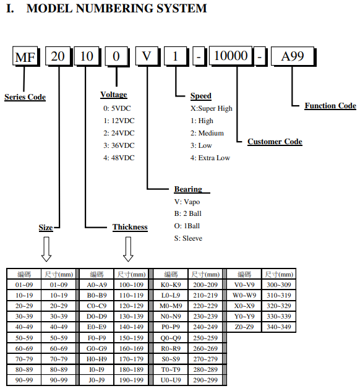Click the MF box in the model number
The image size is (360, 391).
tap(26, 56)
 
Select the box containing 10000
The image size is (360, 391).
tap(231, 56)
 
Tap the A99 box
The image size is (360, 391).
tap(293, 56)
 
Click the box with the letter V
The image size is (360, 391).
tap(148, 56)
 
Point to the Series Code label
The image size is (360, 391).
tap(25, 97)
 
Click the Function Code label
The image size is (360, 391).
tap(330, 106)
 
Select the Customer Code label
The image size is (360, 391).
tap(275, 142)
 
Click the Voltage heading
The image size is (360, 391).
tap(114, 95)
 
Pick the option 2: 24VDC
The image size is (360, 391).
tap(119, 133)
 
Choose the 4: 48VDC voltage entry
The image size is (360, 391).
tap(119, 158)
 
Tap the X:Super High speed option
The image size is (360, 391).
tap(212, 108)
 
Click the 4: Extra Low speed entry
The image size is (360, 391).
tap(210, 158)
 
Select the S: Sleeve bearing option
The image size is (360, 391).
tap(188, 238)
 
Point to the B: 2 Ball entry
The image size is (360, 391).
tap(187, 213)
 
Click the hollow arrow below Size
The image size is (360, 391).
tap(46, 249)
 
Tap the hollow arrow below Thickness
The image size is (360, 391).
tap(128, 249)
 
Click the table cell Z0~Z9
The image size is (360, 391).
tap(244, 327)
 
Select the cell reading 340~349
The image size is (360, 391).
tap(279, 327)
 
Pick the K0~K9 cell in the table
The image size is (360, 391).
tap(171, 285)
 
